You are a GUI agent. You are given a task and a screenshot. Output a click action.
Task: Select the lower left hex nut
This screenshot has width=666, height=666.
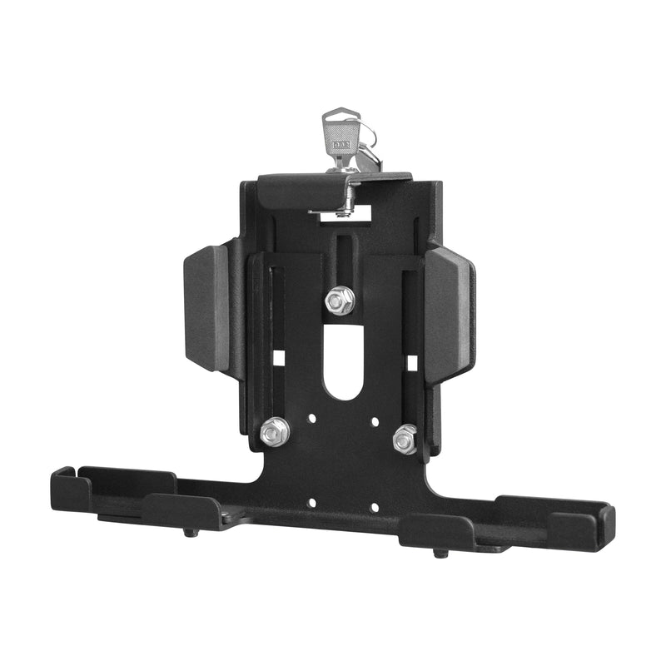[x=275, y=430]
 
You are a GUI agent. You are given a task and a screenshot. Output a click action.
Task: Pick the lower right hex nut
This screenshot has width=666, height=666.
[x=405, y=438]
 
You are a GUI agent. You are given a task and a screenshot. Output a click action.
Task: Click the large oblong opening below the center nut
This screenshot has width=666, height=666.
[x=342, y=362]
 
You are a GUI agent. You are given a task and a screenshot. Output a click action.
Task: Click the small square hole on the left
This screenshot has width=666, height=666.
[x=279, y=357]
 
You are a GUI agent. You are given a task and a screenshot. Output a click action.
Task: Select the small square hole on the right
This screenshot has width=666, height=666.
[x=411, y=362]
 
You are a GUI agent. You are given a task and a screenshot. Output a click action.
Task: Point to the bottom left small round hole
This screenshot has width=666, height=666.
[x=311, y=503]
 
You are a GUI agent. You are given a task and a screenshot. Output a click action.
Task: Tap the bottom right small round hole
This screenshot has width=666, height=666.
[x=374, y=506]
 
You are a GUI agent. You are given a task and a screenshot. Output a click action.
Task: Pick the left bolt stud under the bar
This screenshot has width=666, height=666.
[x=191, y=531]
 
